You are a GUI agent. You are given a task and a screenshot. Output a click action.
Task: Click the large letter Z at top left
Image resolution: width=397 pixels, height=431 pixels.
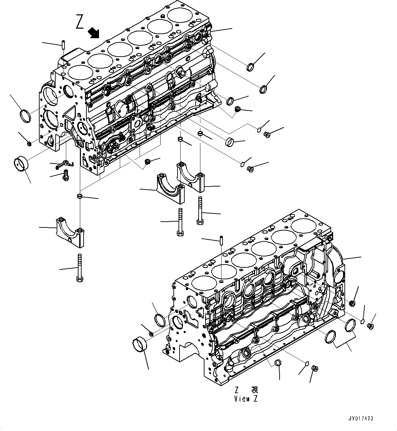coord(80,22)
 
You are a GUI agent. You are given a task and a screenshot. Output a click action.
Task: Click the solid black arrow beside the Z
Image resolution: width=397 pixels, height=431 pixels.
coord(93,33)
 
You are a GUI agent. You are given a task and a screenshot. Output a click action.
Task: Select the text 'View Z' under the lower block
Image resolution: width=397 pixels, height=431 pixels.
coord(246,399)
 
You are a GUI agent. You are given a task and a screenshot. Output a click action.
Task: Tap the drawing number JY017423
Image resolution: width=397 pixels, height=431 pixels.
coord(361,418)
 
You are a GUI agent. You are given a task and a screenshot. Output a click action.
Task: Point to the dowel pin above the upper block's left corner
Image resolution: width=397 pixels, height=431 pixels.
coord(63,44)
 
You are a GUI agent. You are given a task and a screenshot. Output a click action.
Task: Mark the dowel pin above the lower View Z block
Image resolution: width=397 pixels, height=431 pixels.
coord(222,240)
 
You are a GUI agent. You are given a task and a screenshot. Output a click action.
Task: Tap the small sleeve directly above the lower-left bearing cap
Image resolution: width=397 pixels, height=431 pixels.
coord(79,196)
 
